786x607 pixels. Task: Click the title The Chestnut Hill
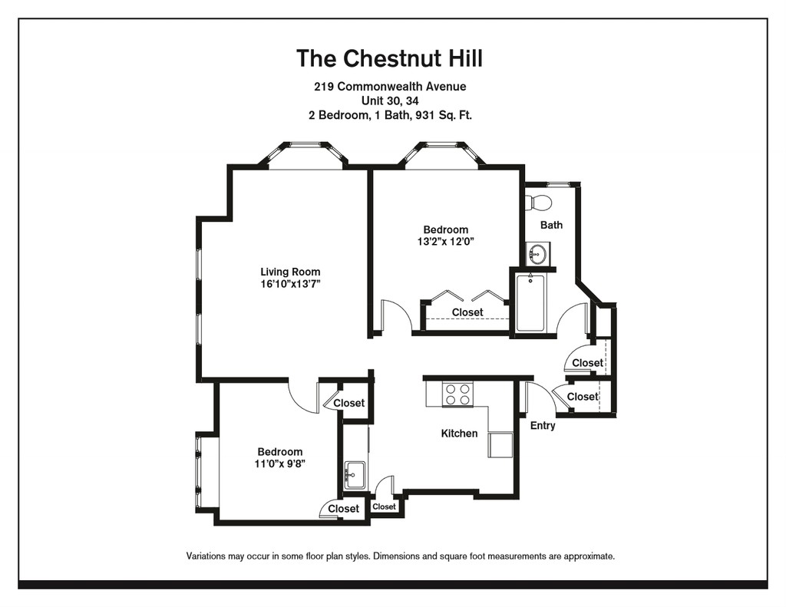coord(389,58)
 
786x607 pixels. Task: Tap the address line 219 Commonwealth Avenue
coord(389,87)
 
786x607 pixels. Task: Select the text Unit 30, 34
coord(389,101)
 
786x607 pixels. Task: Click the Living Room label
coord(290,272)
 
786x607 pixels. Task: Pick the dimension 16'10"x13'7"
coord(290,284)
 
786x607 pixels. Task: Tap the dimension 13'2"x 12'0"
coord(445,242)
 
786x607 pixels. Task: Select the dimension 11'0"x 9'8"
coord(279,463)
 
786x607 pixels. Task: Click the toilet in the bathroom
coord(539,203)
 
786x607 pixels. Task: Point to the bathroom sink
coord(537,254)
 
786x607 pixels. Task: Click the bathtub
coord(530,302)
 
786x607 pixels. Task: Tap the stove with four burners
coord(457,394)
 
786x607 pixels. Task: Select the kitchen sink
coord(355,475)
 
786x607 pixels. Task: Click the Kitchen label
coord(459,434)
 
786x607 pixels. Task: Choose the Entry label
coord(543,425)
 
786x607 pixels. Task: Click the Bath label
coord(551,225)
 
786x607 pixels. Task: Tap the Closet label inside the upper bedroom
coord(467,312)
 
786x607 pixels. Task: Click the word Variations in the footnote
coord(208,556)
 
